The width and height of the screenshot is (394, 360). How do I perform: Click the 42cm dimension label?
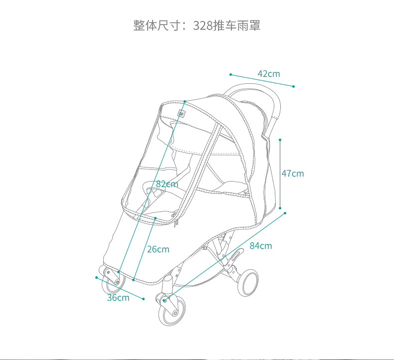pos(269,74)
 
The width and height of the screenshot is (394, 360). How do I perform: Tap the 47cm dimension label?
pos(292,174)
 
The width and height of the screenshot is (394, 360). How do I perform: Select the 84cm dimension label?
pos(261,245)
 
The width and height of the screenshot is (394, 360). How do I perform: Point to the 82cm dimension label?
pos(167,184)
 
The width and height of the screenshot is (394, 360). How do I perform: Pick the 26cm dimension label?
pos(158,249)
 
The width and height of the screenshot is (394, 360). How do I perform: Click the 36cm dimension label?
pos(118,298)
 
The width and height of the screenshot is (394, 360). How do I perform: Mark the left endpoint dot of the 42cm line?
pos(230,74)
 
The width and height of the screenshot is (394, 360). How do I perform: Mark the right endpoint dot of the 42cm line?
pos(294,86)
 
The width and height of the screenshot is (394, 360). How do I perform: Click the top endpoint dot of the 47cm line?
pos(280,140)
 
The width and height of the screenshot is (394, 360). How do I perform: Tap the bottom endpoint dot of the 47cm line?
pos(280,208)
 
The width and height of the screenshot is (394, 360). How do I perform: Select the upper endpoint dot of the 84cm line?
pos(285,213)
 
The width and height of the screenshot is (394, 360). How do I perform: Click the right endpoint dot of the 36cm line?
pos(144,299)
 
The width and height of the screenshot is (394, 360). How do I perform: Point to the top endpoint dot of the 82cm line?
pos(185,101)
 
